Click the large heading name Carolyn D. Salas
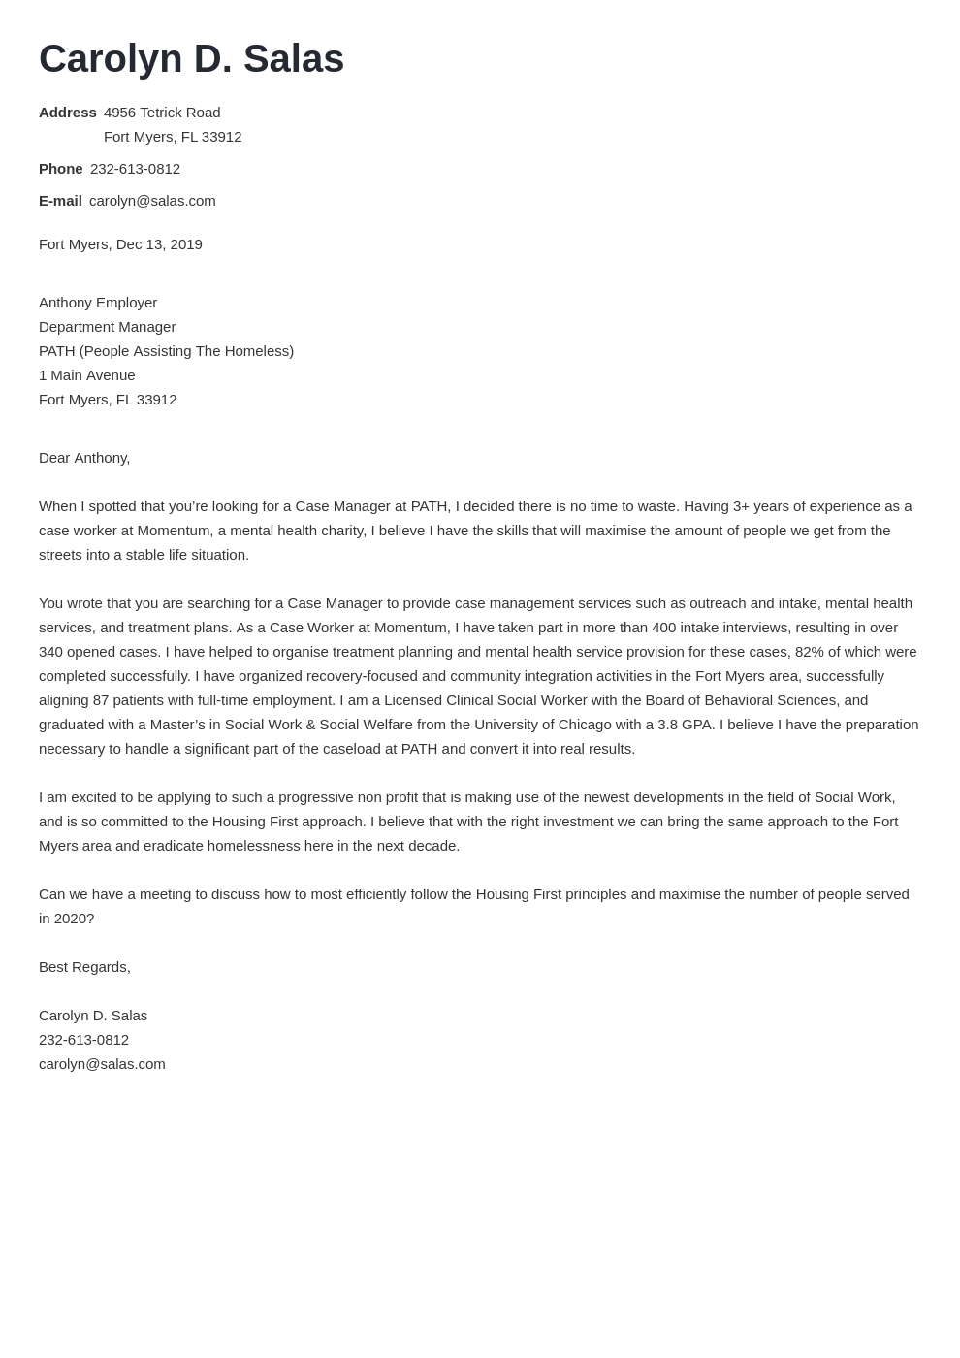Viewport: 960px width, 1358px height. pyautogui.click(x=191, y=58)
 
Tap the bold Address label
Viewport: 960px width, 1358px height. pyautogui.click(x=67, y=113)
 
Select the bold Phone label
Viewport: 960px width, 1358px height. pyautogui.click(x=60, y=169)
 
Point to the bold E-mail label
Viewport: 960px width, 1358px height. pyautogui.click(x=60, y=201)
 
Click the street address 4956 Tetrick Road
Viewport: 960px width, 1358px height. pyautogui.click(x=162, y=113)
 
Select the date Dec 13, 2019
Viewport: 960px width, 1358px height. pyautogui.click(x=159, y=244)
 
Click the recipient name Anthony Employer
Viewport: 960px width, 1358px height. pyautogui.click(x=98, y=303)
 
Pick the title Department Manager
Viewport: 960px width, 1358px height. pyautogui.click(x=107, y=327)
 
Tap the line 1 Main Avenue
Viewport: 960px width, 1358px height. pyautogui.click(x=86, y=375)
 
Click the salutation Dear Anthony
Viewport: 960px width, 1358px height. pyautogui.click(x=84, y=458)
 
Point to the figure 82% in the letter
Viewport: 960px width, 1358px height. pyautogui.click(x=810, y=652)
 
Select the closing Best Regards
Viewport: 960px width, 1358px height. pyautogui.click(x=84, y=967)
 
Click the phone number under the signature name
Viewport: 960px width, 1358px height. pyautogui.click(x=83, y=1040)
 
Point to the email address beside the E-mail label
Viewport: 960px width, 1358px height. pyautogui.click(x=152, y=201)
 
